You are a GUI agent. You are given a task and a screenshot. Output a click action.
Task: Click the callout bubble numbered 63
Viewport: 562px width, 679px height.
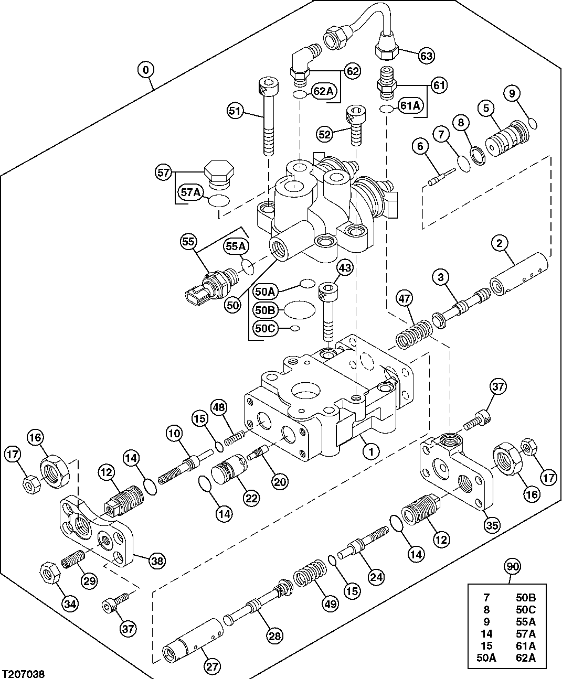[427, 55]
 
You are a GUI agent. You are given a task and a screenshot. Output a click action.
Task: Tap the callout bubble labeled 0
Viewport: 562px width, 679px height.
[146, 69]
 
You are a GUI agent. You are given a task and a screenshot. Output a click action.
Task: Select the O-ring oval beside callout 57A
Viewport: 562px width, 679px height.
[219, 200]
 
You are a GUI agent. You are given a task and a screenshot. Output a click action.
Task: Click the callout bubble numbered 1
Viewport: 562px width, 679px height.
[370, 450]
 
